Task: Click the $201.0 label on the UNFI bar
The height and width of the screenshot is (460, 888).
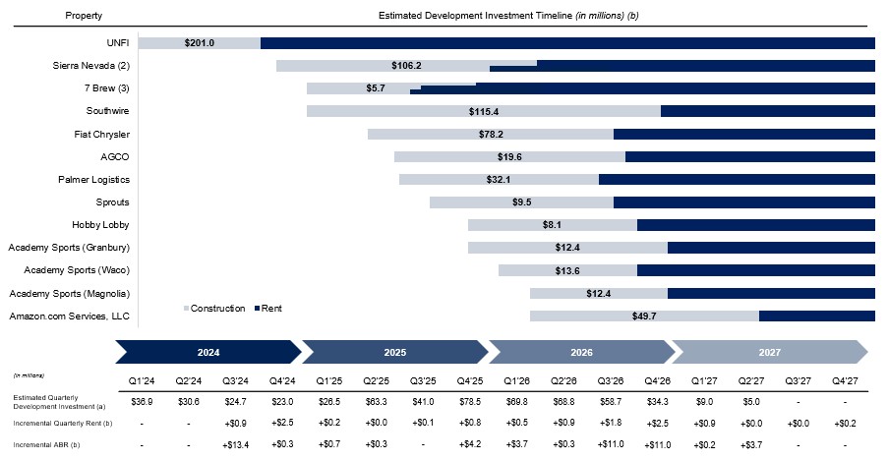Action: [x=200, y=43]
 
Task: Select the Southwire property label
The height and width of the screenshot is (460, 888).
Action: [x=107, y=111]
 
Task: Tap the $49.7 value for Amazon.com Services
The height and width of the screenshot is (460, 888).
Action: [x=644, y=316]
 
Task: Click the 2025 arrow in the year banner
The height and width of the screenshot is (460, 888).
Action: [x=394, y=352]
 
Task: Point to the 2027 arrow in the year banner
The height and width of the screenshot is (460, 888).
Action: [x=770, y=352]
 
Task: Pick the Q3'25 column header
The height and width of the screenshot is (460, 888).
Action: [x=423, y=380]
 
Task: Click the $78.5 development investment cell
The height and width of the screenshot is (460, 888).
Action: [x=470, y=402]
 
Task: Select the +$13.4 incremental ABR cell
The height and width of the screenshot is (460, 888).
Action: [x=236, y=444]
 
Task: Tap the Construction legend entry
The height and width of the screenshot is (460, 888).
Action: [x=214, y=309]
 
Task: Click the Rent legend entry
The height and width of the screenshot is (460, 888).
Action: [x=267, y=309]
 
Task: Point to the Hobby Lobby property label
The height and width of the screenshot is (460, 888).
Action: [x=100, y=225]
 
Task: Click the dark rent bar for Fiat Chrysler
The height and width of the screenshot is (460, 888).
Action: [x=744, y=134]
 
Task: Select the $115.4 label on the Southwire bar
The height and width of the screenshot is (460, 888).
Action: [x=484, y=111]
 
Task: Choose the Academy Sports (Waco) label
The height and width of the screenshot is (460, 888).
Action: [x=77, y=270]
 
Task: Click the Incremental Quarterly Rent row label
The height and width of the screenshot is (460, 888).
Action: [x=63, y=424]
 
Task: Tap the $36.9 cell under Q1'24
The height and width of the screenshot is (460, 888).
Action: [x=142, y=402]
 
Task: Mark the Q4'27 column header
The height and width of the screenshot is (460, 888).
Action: [x=845, y=380]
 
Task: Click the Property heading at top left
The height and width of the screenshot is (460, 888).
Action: [x=84, y=16]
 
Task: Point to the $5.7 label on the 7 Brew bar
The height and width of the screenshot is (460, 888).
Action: [x=376, y=88]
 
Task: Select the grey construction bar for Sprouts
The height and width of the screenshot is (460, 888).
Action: [x=521, y=202]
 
